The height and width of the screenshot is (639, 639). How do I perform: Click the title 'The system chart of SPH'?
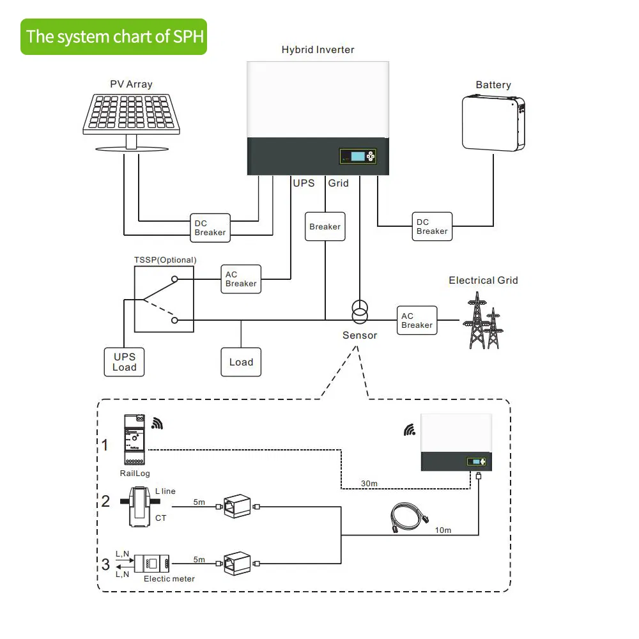[x=115, y=36]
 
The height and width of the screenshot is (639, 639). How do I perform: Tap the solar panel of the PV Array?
[x=128, y=115]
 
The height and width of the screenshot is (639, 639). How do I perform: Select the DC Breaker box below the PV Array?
[x=210, y=228]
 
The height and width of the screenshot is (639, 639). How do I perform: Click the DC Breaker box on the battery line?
[x=432, y=227]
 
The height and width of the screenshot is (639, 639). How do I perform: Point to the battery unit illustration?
[x=493, y=123]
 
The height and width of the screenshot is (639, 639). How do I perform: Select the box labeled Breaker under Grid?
[x=325, y=227]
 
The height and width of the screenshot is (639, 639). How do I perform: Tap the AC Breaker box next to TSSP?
[x=241, y=279]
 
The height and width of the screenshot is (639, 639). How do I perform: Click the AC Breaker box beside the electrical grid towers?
[x=417, y=321]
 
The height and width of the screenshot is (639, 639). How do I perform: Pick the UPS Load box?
[x=124, y=362]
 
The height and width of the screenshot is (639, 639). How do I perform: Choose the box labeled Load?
[x=241, y=362]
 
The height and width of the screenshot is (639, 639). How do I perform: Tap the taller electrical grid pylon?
[x=475, y=319]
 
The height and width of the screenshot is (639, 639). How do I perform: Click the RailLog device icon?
[x=133, y=440]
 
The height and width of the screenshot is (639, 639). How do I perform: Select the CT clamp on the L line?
[x=140, y=505]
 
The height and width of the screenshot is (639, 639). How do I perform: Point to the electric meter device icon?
[x=152, y=564]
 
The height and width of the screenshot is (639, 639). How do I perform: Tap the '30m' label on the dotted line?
[x=369, y=484]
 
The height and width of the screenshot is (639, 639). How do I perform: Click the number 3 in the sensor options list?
[x=105, y=565]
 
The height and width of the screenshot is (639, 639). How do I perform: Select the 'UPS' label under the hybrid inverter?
[x=304, y=183]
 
